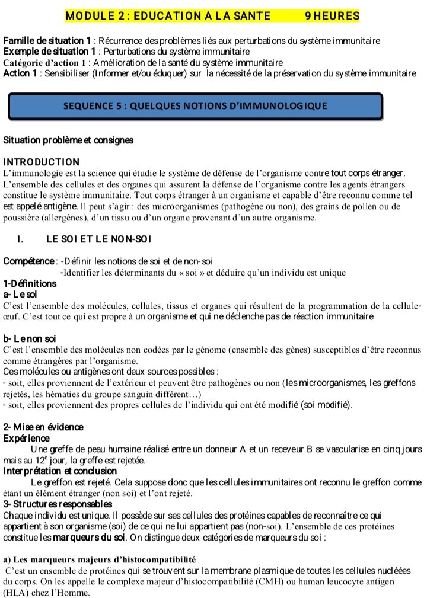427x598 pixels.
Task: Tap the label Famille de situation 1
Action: coord(47,41)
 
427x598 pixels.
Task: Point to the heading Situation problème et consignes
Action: coord(68,140)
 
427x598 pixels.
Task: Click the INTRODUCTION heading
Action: coord(42,162)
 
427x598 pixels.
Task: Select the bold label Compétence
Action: coord(29,261)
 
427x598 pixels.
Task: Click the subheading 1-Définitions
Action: coord(30,283)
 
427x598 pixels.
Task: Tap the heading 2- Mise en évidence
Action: coord(43,427)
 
